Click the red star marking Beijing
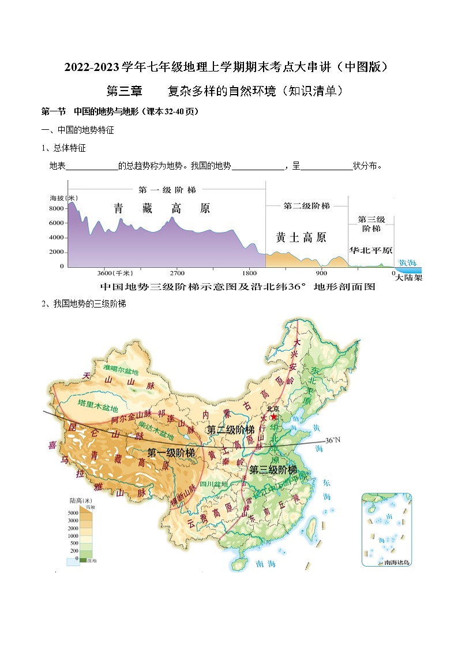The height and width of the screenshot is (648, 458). click(x=273, y=416)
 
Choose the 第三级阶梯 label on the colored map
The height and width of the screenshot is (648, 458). click(x=273, y=470)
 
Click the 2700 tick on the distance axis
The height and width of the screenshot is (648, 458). click(x=177, y=273)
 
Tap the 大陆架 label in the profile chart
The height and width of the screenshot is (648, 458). click(x=408, y=277)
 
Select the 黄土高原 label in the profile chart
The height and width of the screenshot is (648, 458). click(x=301, y=237)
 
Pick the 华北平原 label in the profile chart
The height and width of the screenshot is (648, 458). click(x=371, y=250)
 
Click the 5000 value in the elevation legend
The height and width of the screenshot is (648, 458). click(x=73, y=513)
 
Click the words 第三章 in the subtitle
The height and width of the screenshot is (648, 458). click(x=125, y=91)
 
